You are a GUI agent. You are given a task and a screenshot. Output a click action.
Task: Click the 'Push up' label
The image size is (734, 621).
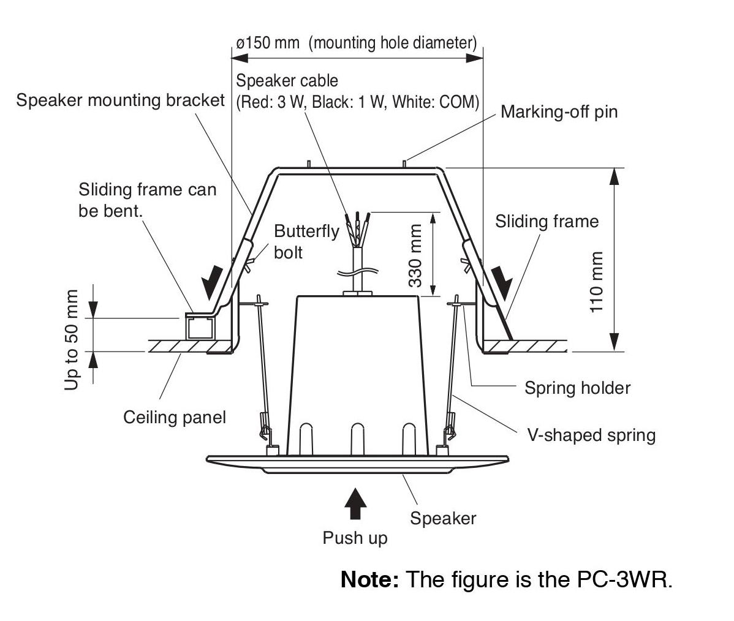(355, 538)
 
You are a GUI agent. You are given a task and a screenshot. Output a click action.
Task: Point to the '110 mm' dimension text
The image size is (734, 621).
(597, 282)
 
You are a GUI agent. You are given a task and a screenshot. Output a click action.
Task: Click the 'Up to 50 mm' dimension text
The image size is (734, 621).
(72, 340)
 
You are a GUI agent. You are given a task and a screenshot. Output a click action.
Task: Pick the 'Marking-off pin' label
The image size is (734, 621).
(559, 112)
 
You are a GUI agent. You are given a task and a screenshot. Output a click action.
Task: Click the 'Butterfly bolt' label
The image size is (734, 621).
(306, 241)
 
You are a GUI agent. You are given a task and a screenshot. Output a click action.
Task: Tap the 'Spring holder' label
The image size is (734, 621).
(577, 388)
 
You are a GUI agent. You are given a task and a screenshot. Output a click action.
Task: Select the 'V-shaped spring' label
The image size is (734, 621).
(591, 435)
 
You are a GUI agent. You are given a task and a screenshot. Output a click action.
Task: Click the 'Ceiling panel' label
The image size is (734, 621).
(175, 418)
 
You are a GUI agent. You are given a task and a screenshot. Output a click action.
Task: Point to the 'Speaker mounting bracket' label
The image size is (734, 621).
(121, 100)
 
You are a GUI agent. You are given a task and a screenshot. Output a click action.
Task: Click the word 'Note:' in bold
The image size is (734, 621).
(369, 579)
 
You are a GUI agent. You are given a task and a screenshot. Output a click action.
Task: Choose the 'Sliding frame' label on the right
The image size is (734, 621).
(547, 221)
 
